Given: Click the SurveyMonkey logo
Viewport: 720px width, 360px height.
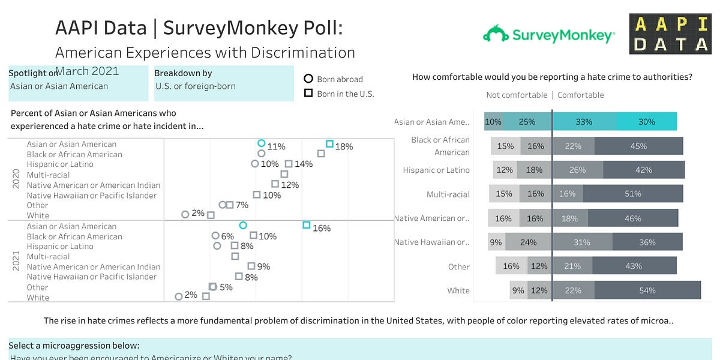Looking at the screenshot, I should [548, 35].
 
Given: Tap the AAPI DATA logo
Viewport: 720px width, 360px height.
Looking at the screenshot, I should [670, 34].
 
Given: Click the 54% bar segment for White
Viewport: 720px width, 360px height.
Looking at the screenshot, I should [647, 290].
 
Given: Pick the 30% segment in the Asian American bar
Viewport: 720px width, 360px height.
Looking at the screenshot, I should [646, 122].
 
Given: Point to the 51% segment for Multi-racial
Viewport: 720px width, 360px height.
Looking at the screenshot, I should [632, 194].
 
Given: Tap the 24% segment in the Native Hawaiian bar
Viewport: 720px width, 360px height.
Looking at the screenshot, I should [528, 242].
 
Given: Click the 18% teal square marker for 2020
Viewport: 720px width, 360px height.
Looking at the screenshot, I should [329, 144].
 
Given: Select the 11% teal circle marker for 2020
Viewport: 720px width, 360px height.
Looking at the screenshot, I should [261, 143].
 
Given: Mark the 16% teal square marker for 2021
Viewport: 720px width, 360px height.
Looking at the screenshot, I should [306, 225].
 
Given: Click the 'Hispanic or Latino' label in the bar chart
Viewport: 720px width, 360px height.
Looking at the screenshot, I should [436, 170].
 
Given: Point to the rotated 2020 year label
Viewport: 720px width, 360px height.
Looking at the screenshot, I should [16, 179].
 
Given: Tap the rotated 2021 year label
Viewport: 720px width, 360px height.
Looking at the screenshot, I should [16, 262].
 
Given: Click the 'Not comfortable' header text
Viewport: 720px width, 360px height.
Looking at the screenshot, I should [516, 95].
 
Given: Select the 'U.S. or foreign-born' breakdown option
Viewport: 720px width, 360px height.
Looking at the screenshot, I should [195, 86].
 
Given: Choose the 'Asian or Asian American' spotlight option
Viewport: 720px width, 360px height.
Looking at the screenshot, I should [59, 86].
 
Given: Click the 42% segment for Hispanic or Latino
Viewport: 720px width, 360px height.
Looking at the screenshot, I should [643, 170].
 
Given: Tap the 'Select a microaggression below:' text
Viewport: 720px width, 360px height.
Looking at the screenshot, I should [74, 346].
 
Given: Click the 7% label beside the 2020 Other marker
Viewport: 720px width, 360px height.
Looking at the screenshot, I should [242, 205].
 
